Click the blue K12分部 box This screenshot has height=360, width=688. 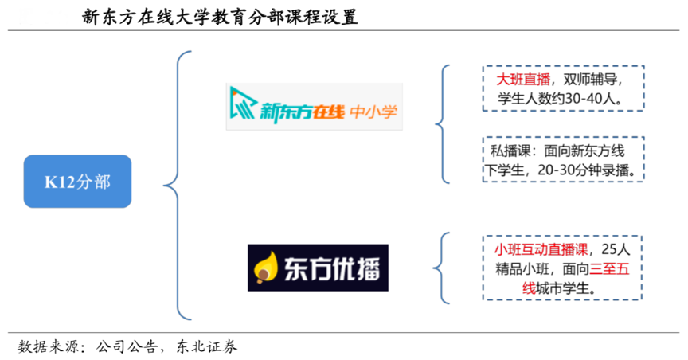77,182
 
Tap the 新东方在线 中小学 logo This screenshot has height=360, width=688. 314,108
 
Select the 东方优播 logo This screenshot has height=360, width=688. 317,267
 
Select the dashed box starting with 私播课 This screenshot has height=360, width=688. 562,159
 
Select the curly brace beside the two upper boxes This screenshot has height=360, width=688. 441,123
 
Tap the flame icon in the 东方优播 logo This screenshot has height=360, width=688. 262,268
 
